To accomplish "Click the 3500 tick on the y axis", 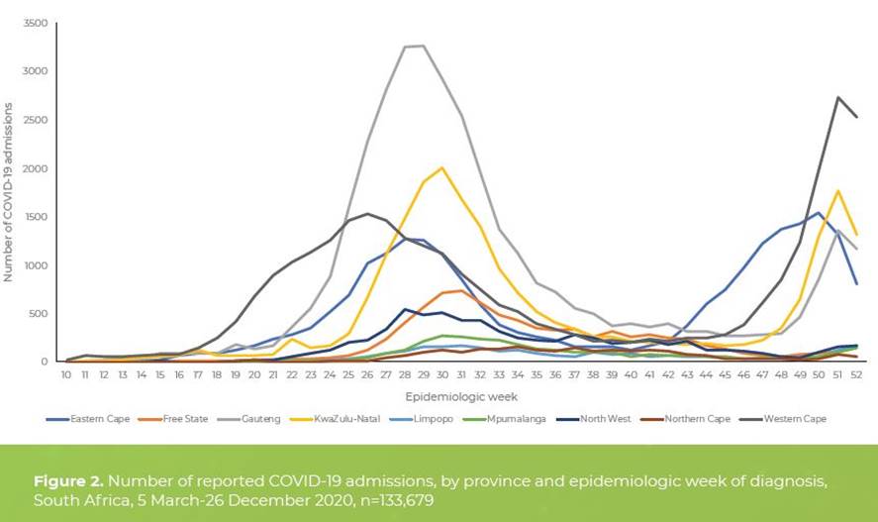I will [x=36, y=23].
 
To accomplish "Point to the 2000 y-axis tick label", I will [x=36, y=168].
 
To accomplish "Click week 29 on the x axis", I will [x=424, y=375].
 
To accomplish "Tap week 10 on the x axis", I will [x=66, y=375].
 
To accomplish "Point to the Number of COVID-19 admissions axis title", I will [x=9, y=192].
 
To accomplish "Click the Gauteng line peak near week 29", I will [x=424, y=46].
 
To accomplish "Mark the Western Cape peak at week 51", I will [x=838, y=97].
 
